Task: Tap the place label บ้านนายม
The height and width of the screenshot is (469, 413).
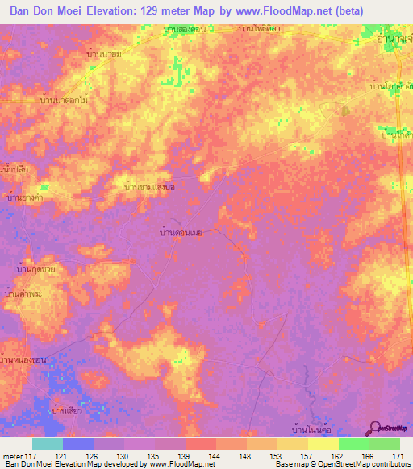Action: (x=103, y=54)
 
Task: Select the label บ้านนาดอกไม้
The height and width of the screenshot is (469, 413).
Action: (x=63, y=101)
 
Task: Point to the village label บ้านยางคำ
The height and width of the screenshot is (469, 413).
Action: (x=24, y=196)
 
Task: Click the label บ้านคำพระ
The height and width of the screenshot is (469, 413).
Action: (x=23, y=295)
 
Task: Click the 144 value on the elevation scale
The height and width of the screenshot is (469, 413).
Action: (x=215, y=456)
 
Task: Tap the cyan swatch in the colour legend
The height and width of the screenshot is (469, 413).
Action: (x=48, y=444)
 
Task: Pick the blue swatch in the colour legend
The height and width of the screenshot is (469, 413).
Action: (x=78, y=444)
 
